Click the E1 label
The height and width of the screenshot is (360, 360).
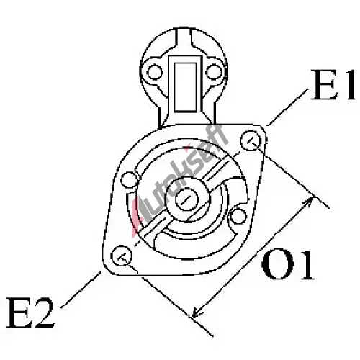[333, 84]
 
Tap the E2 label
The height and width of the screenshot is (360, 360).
[30, 312]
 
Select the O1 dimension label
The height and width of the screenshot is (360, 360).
[287, 266]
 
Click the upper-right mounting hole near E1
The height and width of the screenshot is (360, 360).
[251, 140]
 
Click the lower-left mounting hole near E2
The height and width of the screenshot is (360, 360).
[122, 256]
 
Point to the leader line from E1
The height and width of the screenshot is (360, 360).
[287, 107]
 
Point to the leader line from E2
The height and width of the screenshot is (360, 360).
[81, 289]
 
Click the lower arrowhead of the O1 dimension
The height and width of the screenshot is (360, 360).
[197, 312]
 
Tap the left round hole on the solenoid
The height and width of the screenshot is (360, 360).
[155, 72]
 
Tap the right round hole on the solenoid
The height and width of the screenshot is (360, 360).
[214, 72]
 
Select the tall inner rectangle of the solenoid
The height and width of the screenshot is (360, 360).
[185, 87]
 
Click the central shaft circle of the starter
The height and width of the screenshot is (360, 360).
[187, 199]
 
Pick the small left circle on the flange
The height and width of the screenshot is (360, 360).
[130, 180]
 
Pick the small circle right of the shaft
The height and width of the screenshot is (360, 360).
[238, 216]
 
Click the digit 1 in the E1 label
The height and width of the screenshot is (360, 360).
[347, 84]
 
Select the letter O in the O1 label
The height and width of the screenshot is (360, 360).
[277, 266]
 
